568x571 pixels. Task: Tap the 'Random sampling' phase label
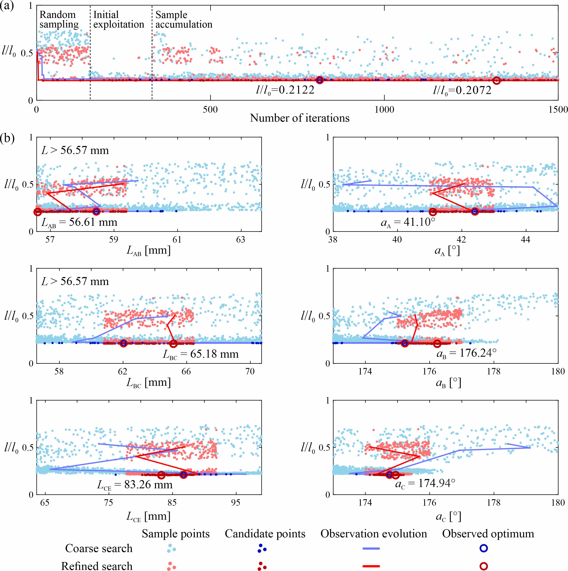pyautogui.click(x=59, y=20)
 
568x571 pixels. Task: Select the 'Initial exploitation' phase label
pyautogui.click(x=118, y=20)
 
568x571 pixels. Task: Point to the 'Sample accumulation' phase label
pyautogui.click(x=184, y=20)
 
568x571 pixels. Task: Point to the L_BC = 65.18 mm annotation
pyautogui.click(x=201, y=354)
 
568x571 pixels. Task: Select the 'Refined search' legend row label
pyautogui.click(x=97, y=565)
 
